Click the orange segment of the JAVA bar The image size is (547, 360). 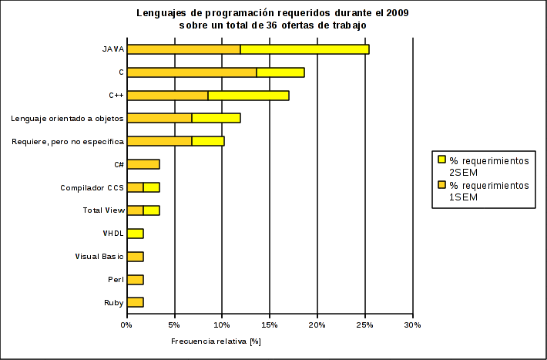(x=183, y=49)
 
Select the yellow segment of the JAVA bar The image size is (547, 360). (x=304, y=49)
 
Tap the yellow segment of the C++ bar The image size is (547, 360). (x=248, y=96)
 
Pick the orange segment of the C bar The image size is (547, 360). (x=192, y=72)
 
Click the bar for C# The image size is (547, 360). (x=143, y=164)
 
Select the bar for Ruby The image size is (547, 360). (x=135, y=302)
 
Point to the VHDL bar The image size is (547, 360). (x=135, y=234)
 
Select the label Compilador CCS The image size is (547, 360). (x=92, y=187)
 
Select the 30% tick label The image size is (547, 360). (x=413, y=325)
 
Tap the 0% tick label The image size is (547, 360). (x=127, y=325)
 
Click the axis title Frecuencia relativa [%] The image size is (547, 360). (x=216, y=341)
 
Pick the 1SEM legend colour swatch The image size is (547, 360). (x=441, y=187)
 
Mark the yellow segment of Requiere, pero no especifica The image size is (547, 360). (x=208, y=141)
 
